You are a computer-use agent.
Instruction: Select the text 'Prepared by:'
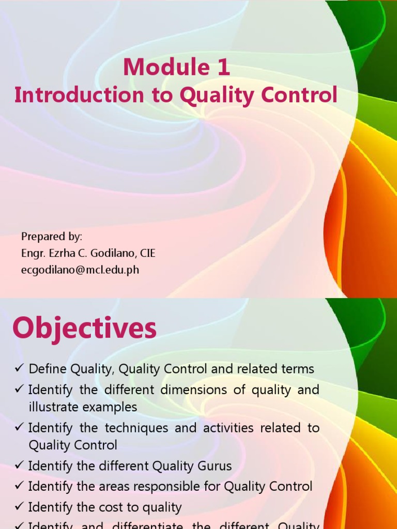click(x=52, y=237)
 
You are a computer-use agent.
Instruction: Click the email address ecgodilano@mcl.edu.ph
click(x=80, y=270)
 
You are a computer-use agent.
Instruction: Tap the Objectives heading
click(x=84, y=328)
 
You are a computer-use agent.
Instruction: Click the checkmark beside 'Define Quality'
click(x=20, y=369)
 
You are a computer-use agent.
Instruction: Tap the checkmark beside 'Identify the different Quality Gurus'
click(x=20, y=466)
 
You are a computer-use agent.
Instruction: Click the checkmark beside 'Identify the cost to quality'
click(x=20, y=507)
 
